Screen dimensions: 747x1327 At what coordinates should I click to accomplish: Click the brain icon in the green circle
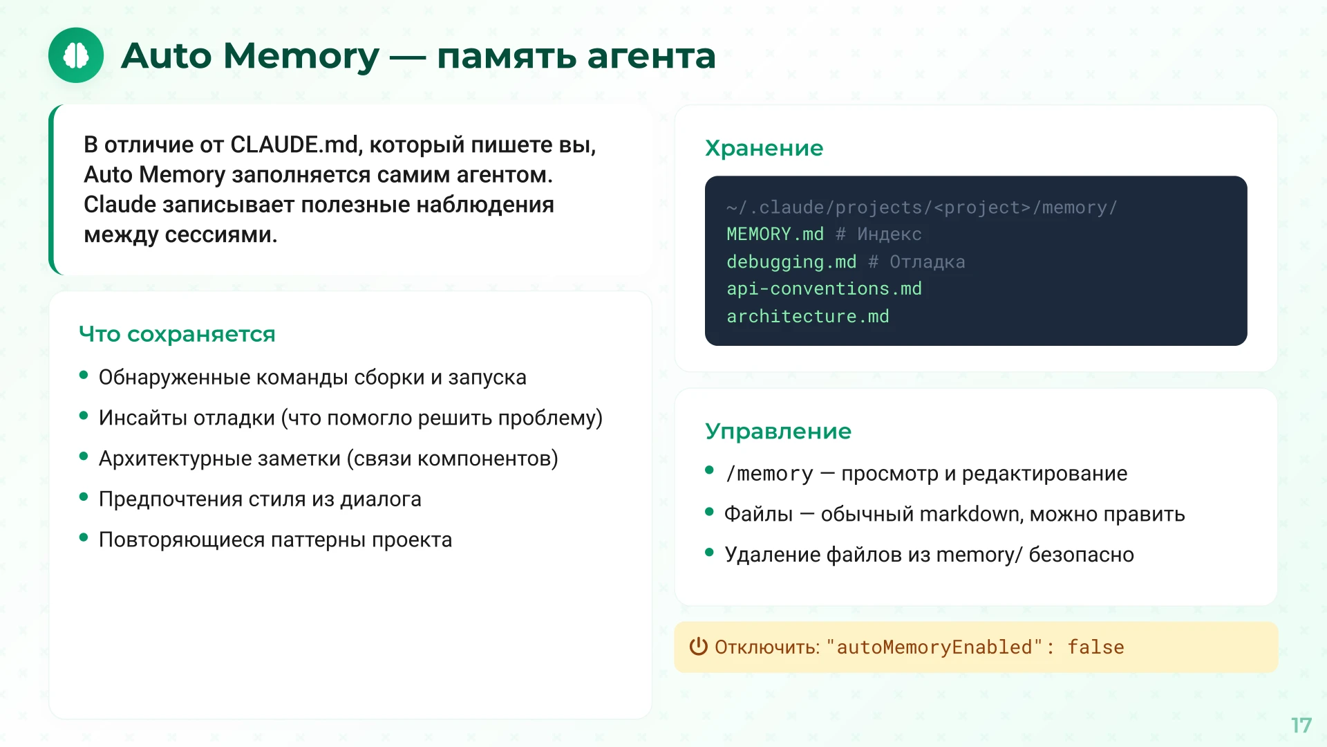point(76,55)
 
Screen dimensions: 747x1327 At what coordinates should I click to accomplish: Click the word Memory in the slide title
point(301,55)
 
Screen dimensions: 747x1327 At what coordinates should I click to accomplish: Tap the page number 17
point(1301,725)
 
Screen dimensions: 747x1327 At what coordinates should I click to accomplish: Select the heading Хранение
point(764,148)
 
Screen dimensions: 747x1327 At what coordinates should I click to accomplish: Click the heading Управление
point(778,431)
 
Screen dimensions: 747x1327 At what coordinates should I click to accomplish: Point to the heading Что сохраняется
point(177,334)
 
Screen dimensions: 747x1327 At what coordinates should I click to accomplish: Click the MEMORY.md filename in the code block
point(775,234)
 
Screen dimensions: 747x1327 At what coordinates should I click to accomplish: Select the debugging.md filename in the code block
point(791,262)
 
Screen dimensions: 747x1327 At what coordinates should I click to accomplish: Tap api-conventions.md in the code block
point(824,289)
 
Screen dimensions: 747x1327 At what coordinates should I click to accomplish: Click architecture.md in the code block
point(807,317)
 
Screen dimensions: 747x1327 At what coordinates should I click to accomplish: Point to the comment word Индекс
point(889,234)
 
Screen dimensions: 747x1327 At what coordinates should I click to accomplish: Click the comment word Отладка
point(927,262)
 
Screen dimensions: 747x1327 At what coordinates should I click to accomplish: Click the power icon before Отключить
point(698,646)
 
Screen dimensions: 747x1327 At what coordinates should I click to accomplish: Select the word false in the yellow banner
point(1095,647)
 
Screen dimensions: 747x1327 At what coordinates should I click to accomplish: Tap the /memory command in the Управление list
point(769,474)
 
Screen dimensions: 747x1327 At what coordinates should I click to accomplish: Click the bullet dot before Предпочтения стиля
point(84,497)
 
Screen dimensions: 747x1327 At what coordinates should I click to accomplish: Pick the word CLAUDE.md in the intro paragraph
point(294,145)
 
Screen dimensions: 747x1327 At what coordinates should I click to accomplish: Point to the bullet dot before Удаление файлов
point(709,552)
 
